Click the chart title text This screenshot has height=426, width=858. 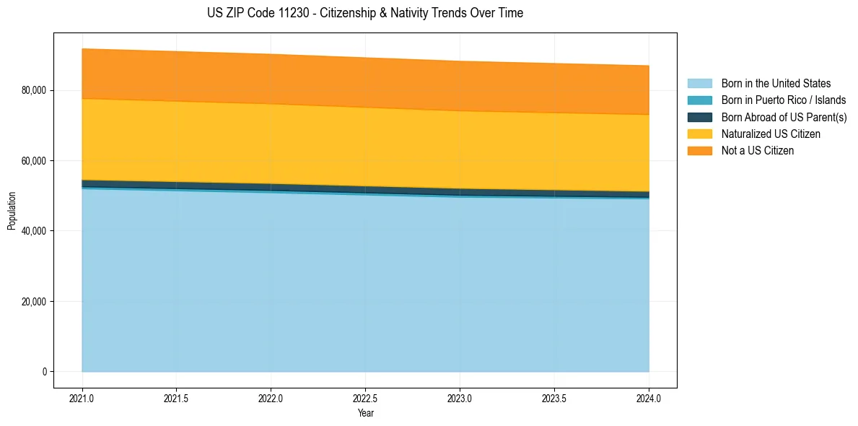[x=364, y=13]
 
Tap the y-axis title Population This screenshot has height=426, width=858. [x=12, y=210]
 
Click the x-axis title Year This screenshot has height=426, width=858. [x=365, y=413]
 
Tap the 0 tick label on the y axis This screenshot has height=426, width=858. [x=44, y=372]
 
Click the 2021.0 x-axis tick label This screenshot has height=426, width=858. [x=82, y=398]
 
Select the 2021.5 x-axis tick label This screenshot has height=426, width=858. [x=177, y=398]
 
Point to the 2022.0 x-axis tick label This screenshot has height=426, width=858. [x=271, y=398]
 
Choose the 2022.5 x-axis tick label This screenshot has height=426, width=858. [x=365, y=398]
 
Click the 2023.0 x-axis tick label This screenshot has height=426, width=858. [x=460, y=398]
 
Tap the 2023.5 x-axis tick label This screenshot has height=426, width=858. [x=554, y=398]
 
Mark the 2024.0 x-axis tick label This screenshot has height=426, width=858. [x=649, y=398]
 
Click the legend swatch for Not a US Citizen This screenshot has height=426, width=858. [x=699, y=151]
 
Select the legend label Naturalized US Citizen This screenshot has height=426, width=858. [x=771, y=134]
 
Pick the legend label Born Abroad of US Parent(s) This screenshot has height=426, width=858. [x=784, y=117]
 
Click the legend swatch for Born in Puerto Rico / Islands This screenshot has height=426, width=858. [x=699, y=100]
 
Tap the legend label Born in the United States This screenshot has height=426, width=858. [x=776, y=84]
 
